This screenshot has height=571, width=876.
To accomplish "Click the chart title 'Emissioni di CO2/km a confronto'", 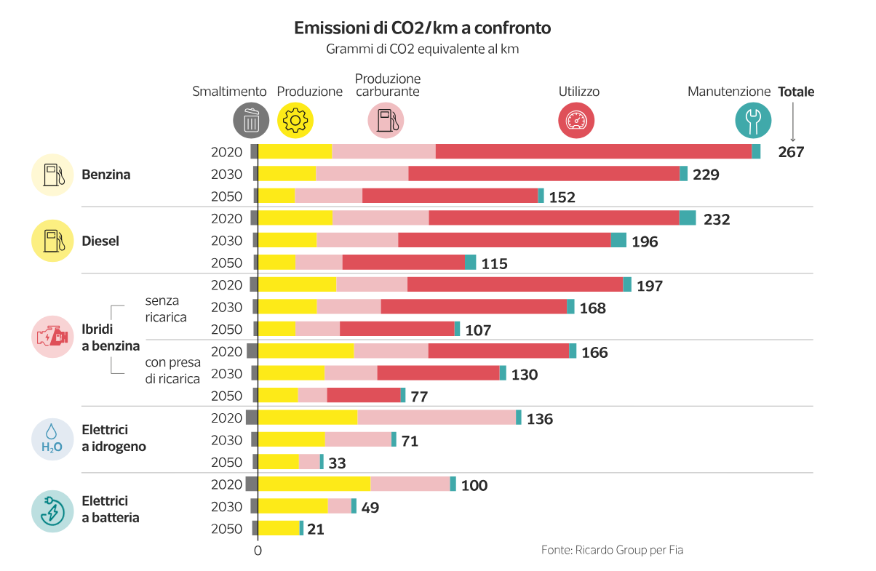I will coord(422,28).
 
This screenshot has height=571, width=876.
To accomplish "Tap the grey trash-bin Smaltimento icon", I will coord(251,120).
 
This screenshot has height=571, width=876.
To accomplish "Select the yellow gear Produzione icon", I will coord(295,120).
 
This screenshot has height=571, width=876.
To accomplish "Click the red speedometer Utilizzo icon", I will coord(576,120).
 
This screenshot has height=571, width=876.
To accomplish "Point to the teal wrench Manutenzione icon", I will coord(753,120).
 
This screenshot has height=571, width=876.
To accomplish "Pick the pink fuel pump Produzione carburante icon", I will coord(386,120).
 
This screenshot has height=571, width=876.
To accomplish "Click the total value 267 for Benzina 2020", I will coord(791,152).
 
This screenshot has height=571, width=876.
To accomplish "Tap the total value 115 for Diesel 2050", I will coord(494,263).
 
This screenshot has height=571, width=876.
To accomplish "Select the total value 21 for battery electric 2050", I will coord(316,529).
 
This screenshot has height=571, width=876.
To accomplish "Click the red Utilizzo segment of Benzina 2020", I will coord(593,151).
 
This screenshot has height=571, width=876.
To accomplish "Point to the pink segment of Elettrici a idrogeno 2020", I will coord(437,418).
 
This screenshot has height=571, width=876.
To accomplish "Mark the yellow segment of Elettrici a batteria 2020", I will coord(314,484).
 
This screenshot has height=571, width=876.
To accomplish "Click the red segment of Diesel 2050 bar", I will coord(404,263).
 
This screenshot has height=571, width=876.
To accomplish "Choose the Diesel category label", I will coord(100,241).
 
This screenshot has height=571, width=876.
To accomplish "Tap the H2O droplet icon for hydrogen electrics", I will coord(52,439).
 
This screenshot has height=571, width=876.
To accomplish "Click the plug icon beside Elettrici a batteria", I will coord(52,511).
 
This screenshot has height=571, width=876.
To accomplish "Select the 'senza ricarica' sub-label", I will coord(166,308).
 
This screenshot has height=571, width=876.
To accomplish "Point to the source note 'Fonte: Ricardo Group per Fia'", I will coord(612,550).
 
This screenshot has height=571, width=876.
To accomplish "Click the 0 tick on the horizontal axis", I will coord(258,551).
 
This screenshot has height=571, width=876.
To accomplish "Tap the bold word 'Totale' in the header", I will coord(796,92).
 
